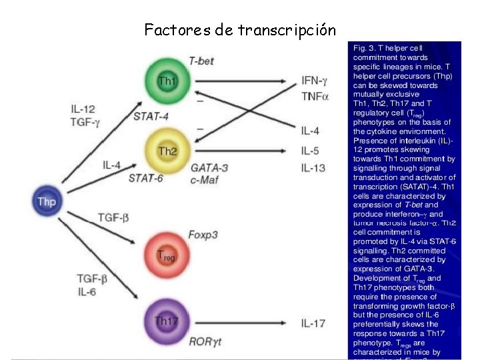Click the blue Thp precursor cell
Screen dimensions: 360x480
click(47, 201)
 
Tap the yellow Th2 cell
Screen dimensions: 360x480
click(167, 152)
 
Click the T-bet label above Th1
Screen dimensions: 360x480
click(201, 61)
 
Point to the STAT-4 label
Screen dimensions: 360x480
click(151, 117)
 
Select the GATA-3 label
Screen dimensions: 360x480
click(209, 167)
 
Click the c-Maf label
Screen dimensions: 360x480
click(205, 179)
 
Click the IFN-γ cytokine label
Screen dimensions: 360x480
click(315, 81)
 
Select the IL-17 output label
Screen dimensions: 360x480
click(313, 323)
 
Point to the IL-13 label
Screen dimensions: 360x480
click(313, 168)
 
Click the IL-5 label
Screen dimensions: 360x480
click(310, 151)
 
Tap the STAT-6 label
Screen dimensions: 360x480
click(146, 178)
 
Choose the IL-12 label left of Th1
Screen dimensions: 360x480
click(85, 109)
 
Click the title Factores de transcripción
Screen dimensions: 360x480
click(240, 30)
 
